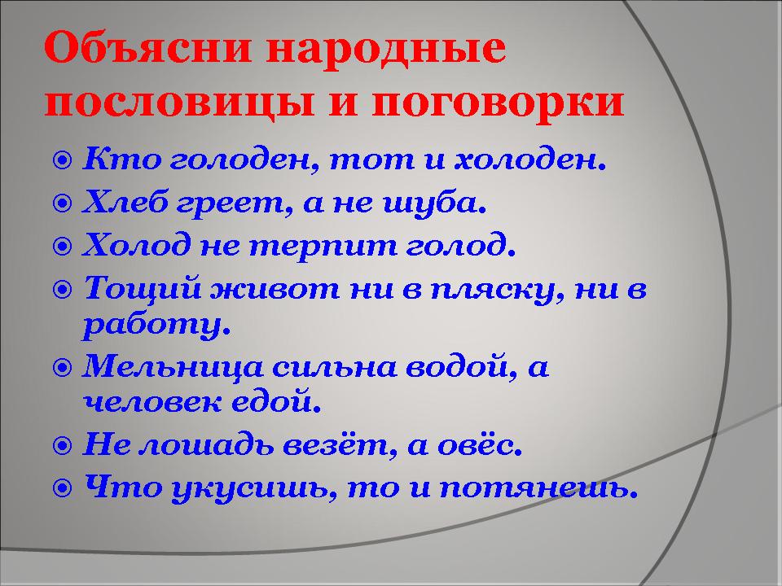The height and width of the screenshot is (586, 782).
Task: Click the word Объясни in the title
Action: tap(147, 48)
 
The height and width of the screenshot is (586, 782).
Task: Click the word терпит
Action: tap(323, 246)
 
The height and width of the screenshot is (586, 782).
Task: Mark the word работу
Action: tap(156, 326)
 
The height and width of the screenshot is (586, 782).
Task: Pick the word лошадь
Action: tap(206, 444)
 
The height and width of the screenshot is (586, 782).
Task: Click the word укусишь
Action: tap(253, 488)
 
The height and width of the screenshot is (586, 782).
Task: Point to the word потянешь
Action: tap(538, 488)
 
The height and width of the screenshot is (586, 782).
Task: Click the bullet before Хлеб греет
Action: tap(63, 203)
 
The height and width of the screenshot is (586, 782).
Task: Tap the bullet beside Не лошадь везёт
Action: tap(63, 445)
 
